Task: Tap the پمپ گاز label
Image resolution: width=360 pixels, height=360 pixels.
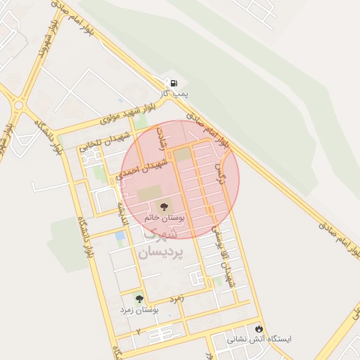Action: pos(174,94)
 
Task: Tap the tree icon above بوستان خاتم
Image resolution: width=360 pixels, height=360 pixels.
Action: pos(164,207)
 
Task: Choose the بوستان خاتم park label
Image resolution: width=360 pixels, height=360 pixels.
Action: pos(163,219)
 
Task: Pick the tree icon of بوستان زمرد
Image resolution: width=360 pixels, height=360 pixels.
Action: pos(138,299)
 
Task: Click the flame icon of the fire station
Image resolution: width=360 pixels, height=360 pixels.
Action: pos(259,328)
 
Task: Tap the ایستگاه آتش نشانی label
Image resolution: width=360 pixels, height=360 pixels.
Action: pos(258,339)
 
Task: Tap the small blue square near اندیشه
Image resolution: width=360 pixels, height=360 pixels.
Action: pos(120,236)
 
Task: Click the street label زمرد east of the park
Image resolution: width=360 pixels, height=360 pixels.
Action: pos(176,298)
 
